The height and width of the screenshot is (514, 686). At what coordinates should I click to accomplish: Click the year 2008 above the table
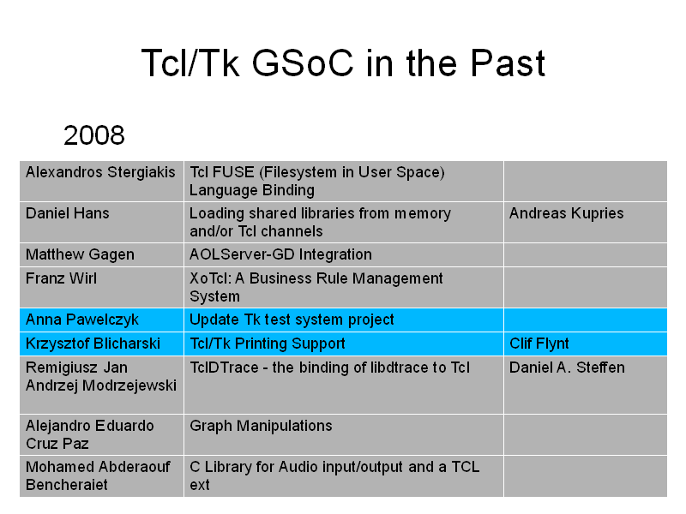(x=94, y=135)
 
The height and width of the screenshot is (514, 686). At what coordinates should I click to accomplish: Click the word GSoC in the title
(x=303, y=63)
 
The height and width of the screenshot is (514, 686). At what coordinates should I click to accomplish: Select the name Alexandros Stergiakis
(x=100, y=173)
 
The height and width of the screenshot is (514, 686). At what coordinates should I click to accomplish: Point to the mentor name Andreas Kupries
(x=567, y=213)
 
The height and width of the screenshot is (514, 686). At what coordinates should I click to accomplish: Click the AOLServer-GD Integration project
(x=280, y=254)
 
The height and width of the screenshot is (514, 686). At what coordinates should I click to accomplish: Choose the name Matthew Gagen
(x=80, y=254)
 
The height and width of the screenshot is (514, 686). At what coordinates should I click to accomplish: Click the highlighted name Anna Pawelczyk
(x=82, y=320)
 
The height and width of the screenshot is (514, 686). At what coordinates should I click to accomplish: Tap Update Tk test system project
(x=292, y=320)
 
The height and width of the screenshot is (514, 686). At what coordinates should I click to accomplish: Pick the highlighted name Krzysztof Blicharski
(x=93, y=344)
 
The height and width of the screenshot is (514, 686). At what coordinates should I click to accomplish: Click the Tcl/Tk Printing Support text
(x=268, y=344)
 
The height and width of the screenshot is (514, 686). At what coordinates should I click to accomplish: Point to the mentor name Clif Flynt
(x=539, y=344)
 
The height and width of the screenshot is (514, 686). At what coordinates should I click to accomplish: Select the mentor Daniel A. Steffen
(x=567, y=368)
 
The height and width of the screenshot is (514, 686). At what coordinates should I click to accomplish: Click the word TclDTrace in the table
(x=224, y=368)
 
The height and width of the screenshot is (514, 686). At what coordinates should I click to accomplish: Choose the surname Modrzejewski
(x=129, y=386)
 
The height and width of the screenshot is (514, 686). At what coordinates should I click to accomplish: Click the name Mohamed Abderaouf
(x=98, y=467)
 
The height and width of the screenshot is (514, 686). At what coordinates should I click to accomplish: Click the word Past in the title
(x=508, y=63)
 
